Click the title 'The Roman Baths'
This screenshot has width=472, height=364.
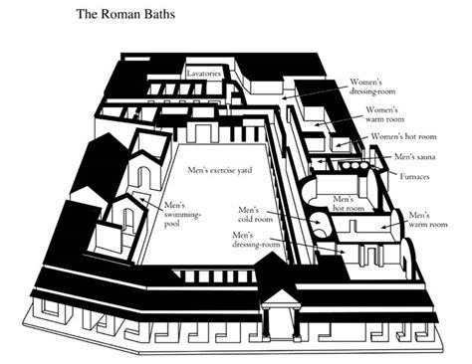(x=128, y=17)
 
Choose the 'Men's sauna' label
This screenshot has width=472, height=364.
(x=416, y=156)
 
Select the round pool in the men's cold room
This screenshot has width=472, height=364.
(x=322, y=226)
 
